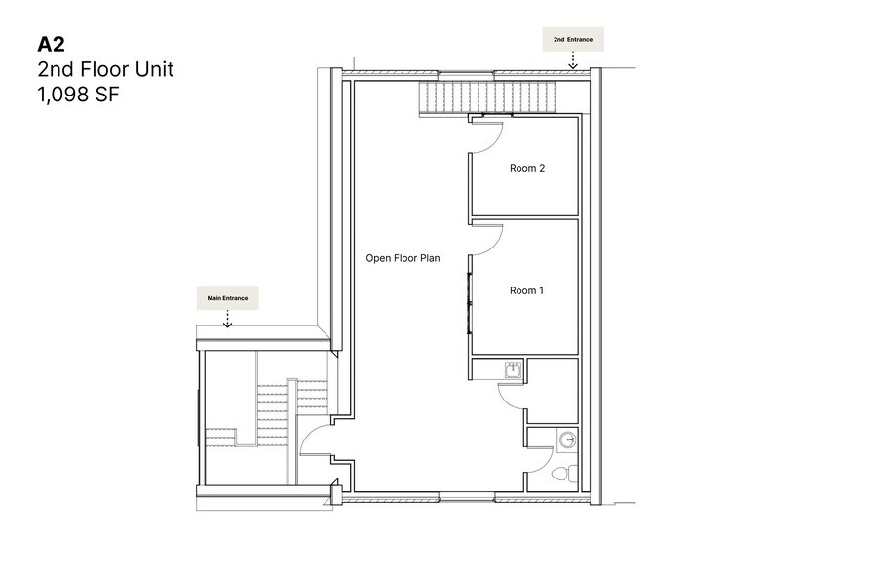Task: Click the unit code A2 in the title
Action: tap(51, 45)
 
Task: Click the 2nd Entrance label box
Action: tap(573, 39)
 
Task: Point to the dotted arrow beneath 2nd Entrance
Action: tap(574, 60)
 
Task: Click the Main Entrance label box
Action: tap(227, 298)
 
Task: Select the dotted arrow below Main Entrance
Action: tap(227, 320)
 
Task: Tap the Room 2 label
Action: tap(526, 169)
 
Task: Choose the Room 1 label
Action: tap(526, 290)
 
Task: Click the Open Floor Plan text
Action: tap(403, 258)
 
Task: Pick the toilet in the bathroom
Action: tap(562, 476)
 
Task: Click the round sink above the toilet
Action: tap(568, 441)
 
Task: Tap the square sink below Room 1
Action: tap(513, 368)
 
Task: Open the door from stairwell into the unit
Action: tap(314, 443)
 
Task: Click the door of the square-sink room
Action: tap(511, 396)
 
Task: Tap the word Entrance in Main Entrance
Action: tap(237, 298)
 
